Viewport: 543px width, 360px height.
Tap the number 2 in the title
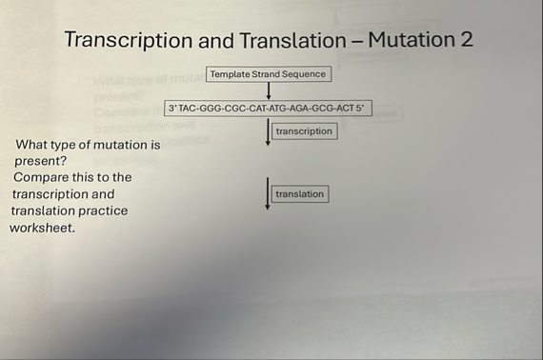pos(466,40)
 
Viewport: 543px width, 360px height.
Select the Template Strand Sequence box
pos(268,74)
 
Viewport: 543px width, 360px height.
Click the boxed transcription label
pos(304,131)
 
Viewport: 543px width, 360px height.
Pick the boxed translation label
pos(299,194)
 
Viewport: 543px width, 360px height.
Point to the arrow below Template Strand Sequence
pos(269,91)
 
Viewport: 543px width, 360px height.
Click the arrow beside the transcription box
pos(269,131)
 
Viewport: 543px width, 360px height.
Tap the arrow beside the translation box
pos(268,192)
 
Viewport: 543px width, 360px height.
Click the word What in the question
pos(32,145)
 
